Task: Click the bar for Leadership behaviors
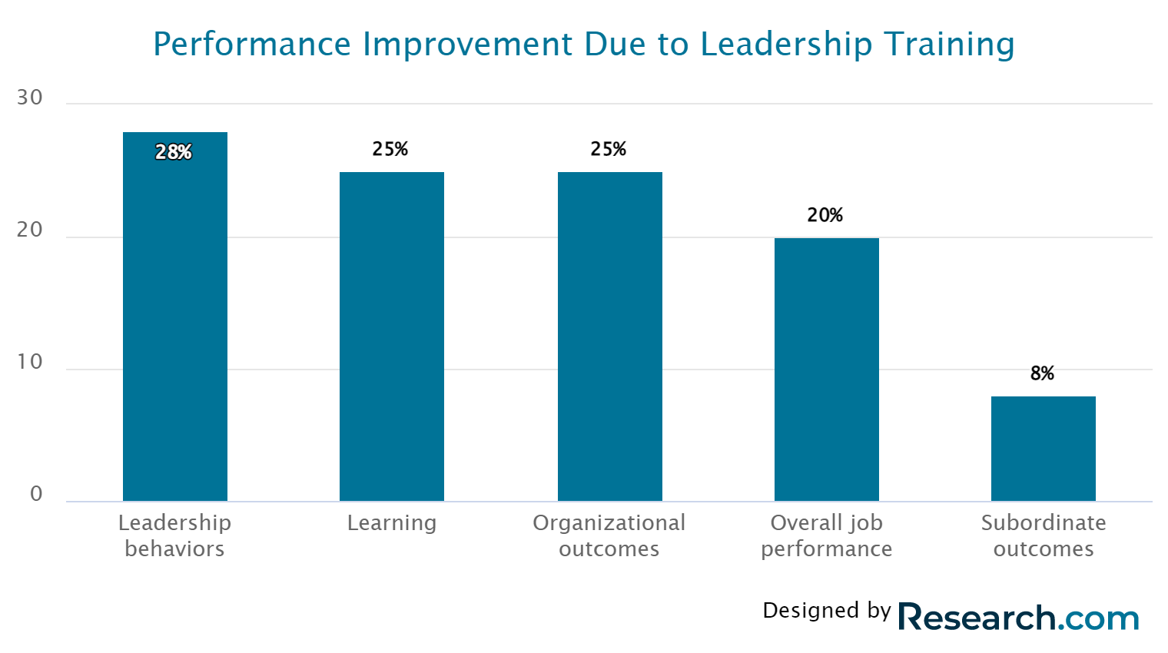point(175,323)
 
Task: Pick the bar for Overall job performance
point(826,370)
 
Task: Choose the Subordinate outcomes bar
point(1043,449)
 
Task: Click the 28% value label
point(174,152)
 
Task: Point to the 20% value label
point(825,215)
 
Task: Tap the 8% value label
point(1042,373)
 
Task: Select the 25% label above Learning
point(390,149)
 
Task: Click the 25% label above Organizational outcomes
point(609,149)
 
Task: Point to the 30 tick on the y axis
point(30,98)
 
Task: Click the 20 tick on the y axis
point(30,230)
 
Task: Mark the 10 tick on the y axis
point(30,362)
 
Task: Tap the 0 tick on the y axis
point(36,494)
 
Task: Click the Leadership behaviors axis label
point(175,535)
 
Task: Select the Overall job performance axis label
point(827,535)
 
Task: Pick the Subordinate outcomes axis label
point(1044,535)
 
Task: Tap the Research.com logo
point(1019,618)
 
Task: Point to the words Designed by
point(827,611)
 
